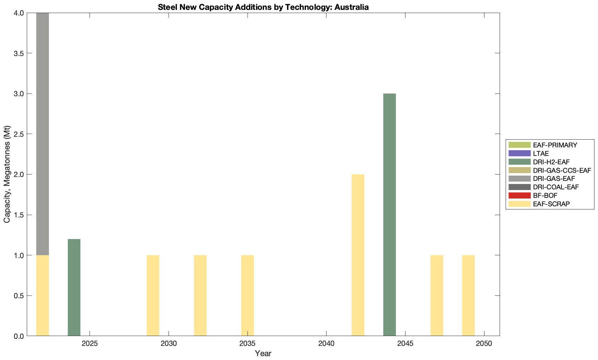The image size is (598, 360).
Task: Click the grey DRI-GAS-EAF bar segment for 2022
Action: [43, 134]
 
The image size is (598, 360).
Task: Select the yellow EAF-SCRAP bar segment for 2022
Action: [43, 295]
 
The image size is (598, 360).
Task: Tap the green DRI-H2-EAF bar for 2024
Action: [74, 287]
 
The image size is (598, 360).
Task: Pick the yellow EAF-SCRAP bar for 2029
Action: [153, 295]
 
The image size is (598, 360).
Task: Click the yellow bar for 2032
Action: [200, 295]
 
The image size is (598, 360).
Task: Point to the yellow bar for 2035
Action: [248, 295]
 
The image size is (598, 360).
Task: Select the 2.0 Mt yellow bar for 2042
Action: [358, 255]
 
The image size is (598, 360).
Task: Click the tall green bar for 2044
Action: [390, 215]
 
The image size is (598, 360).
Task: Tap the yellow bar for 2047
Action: [437, 295]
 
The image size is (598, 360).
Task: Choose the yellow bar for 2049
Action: [468, 295]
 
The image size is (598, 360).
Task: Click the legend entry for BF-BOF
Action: [545, 195]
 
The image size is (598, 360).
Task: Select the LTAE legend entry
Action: [541, 153]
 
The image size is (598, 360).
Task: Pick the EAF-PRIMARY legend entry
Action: [555, 145]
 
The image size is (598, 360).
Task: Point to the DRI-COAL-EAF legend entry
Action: [556, 187]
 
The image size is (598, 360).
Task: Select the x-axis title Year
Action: [263, 353]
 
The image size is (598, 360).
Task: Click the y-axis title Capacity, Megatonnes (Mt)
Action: [7, 174]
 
